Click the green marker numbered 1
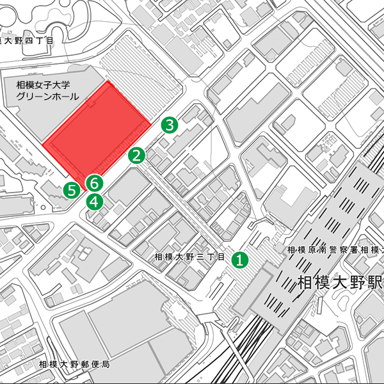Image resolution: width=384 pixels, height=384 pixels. [239, 259]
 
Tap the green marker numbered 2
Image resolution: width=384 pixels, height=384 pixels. [136, 155]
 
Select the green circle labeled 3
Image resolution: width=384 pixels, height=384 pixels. [169, 125]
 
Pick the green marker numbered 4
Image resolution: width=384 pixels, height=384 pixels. [95, 201]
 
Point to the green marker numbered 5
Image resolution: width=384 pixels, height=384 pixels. [72, 189]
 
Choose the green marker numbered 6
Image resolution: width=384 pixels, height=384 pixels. [94, 183]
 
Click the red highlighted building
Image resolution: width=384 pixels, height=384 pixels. [96, 131]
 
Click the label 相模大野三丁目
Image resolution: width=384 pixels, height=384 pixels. [190, 257]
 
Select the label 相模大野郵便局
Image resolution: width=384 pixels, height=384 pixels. [74, 364]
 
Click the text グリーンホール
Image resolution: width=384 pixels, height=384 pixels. [48, 97]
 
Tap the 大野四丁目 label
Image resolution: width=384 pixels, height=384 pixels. [26, 41]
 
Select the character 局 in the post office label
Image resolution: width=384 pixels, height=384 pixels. [106, 364]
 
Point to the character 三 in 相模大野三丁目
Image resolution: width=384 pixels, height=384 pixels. [200, 257]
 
